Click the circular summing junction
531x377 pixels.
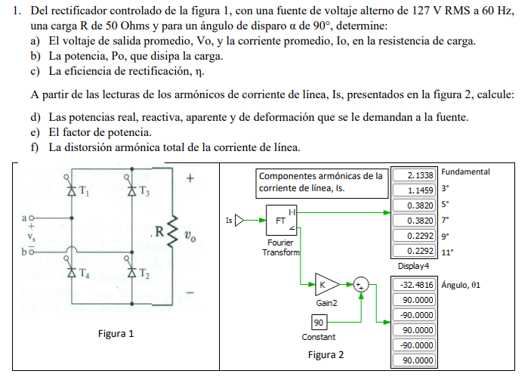361,286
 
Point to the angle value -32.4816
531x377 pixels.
415,285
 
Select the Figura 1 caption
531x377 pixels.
116,333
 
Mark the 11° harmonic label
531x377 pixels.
448,252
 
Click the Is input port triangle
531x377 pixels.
241,221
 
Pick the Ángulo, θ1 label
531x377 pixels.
461,285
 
